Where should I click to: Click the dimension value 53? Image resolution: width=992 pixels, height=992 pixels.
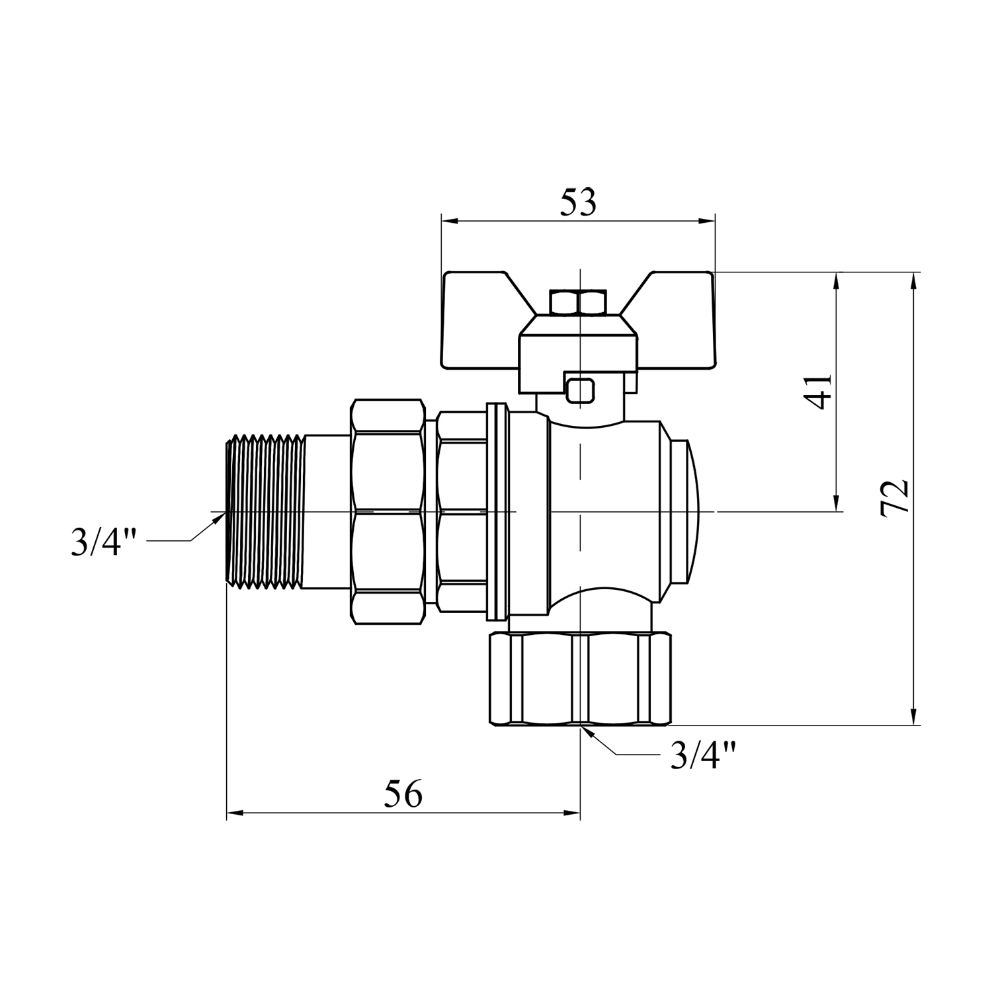578,203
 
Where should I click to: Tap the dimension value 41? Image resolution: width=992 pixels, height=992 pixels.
820,392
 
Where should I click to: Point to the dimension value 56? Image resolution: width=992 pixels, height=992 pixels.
403,793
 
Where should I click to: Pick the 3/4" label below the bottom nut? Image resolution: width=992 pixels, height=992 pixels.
702,755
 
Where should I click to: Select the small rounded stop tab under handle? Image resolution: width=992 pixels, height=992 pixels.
580,390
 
